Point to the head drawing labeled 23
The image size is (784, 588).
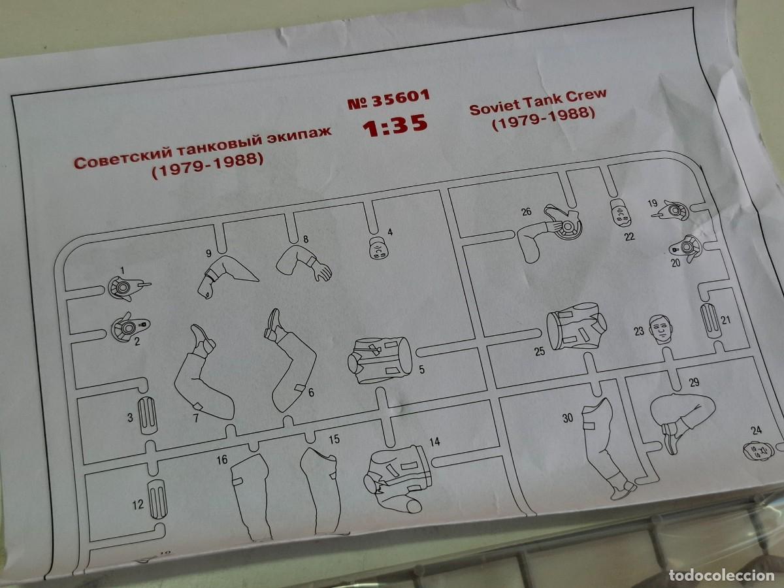[661, 329]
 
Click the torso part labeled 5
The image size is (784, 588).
[381, 360]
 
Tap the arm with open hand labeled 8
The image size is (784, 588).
[304, 264]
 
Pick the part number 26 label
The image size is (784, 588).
[527, 212]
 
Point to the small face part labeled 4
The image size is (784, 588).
[378, 248]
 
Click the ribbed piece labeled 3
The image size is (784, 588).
[147, 416]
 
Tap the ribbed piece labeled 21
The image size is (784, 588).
[710, 321]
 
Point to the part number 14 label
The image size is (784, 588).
[434, 442]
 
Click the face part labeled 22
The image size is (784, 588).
[621, 213]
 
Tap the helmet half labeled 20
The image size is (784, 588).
[686, 248]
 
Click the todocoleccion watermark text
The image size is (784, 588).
[722, 575]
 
